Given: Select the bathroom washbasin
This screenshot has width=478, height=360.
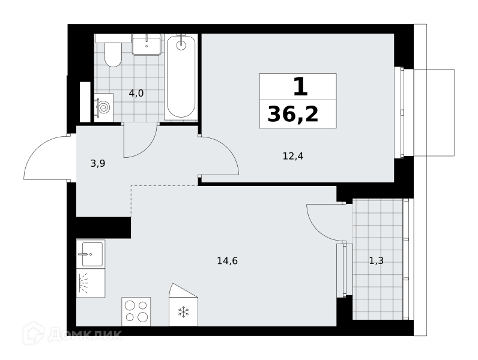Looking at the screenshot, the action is tap(147, 46).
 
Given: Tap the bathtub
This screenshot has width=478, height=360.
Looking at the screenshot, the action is tap(181, 77).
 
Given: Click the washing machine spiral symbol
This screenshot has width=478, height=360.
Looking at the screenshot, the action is tap(104, 107).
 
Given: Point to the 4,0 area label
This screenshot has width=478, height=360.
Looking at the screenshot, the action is tap(136, 93).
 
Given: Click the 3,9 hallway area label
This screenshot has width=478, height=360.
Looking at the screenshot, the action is tap(98, 164).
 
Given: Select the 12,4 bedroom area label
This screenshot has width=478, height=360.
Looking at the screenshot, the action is tap(293, 156).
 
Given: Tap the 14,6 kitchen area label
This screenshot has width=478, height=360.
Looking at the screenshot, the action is tap(228, 261).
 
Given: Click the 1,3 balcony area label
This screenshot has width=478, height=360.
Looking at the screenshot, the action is tap(376, 261).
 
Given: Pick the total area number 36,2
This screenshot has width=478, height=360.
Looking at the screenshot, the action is tap(293, 114).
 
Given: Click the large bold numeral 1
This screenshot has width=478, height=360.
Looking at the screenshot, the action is tap(301, 86).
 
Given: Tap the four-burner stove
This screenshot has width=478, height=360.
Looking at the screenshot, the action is tap(136, 311).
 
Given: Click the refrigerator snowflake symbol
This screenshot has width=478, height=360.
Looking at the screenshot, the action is tap(184, 312).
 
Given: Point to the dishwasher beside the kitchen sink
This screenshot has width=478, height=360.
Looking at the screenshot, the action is tap(91, 283).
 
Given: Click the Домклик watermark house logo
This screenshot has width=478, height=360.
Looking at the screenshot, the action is tap(34, 333).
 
